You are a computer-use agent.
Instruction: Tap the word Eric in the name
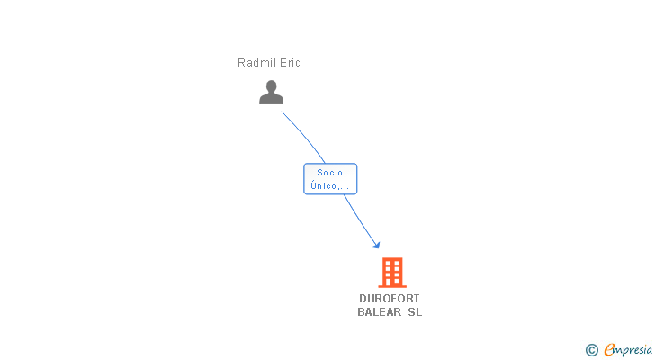tap(290, 63)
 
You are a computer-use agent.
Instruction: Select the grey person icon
tap(271, 92)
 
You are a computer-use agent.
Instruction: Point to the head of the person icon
tap(271, 86)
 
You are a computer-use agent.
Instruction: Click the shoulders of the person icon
tap(271, 99)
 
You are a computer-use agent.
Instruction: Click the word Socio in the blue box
tap(330, 173)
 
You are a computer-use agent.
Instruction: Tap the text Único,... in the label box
tap(330, 186)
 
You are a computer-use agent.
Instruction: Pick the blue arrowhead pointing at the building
tap(376, 245)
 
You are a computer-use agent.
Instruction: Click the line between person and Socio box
tap(306, 137)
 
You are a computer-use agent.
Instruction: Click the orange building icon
tap(391, 272)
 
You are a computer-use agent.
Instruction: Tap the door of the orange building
tap(391, 282)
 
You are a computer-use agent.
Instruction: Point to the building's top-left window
tap(387, 263)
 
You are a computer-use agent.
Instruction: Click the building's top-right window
tap(396, 263)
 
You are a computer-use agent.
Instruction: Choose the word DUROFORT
tap(390, 299)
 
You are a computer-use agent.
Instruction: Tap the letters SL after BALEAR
tap(415, 312)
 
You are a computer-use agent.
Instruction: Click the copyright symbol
tap(591, 350)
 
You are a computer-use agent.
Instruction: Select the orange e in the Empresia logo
tap(609, 350)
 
